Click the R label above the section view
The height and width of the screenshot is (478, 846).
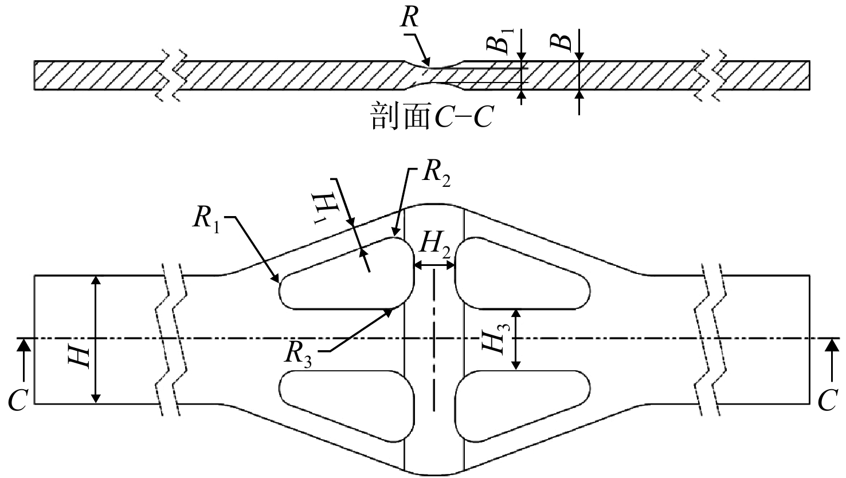point(409,17)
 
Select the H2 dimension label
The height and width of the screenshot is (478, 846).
point(436,245)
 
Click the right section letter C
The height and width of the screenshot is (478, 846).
point(828,400)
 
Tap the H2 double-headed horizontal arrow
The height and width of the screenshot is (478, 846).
point(434,266)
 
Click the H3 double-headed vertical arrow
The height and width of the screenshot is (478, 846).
point(516,339)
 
